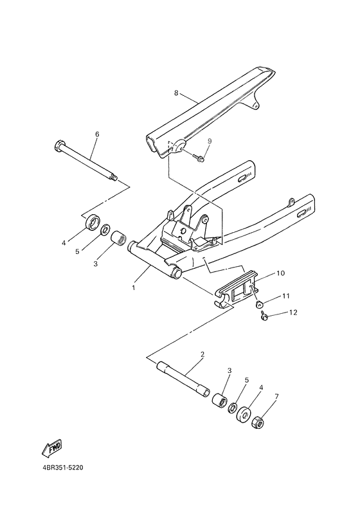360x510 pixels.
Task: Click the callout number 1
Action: (134, 288)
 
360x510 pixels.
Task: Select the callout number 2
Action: (202, 355)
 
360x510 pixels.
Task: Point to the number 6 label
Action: (97, 134)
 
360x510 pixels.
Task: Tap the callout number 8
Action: (175, 93)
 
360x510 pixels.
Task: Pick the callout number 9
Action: (209, 140)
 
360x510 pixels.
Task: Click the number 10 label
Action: (280, 273)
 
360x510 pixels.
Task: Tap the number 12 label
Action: (292, 313)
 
